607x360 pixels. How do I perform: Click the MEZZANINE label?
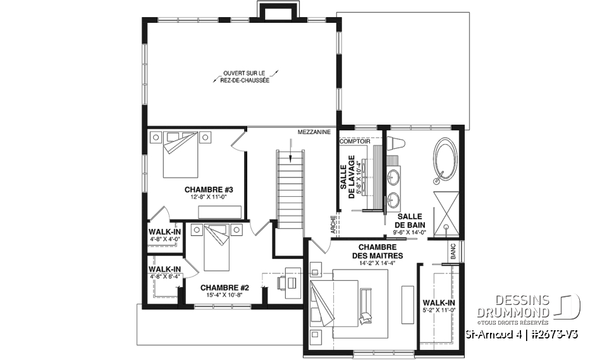(314, 132)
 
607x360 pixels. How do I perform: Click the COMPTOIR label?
(355, 142)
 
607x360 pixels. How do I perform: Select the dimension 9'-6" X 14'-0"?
(410, 232)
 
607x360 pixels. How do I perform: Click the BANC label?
(453, 251)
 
